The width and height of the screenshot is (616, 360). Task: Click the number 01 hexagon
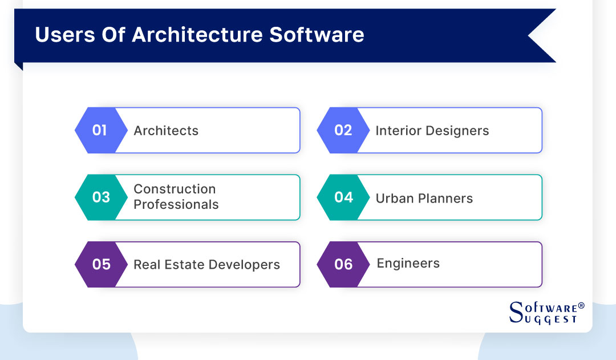point(99,131)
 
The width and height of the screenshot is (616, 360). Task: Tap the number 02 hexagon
point(342,131)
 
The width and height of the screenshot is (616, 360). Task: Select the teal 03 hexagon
point(100,197)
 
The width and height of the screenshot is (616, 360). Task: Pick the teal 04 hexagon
point(343,197)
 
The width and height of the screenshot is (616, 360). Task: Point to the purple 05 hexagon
point(101,265)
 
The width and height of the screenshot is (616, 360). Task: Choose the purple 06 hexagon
point(343,265)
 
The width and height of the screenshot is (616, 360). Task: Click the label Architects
point(166,131)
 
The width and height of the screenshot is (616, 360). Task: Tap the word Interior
point(396,131)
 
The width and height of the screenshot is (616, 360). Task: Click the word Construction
point(175,189)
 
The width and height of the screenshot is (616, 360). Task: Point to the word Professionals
point(176,205)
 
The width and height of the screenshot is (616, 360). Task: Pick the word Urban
point(394,199)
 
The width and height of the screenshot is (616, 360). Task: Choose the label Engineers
point(408,264)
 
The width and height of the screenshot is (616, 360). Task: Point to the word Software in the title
point(317,35)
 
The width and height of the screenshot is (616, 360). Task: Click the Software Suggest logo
point(546,313)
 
